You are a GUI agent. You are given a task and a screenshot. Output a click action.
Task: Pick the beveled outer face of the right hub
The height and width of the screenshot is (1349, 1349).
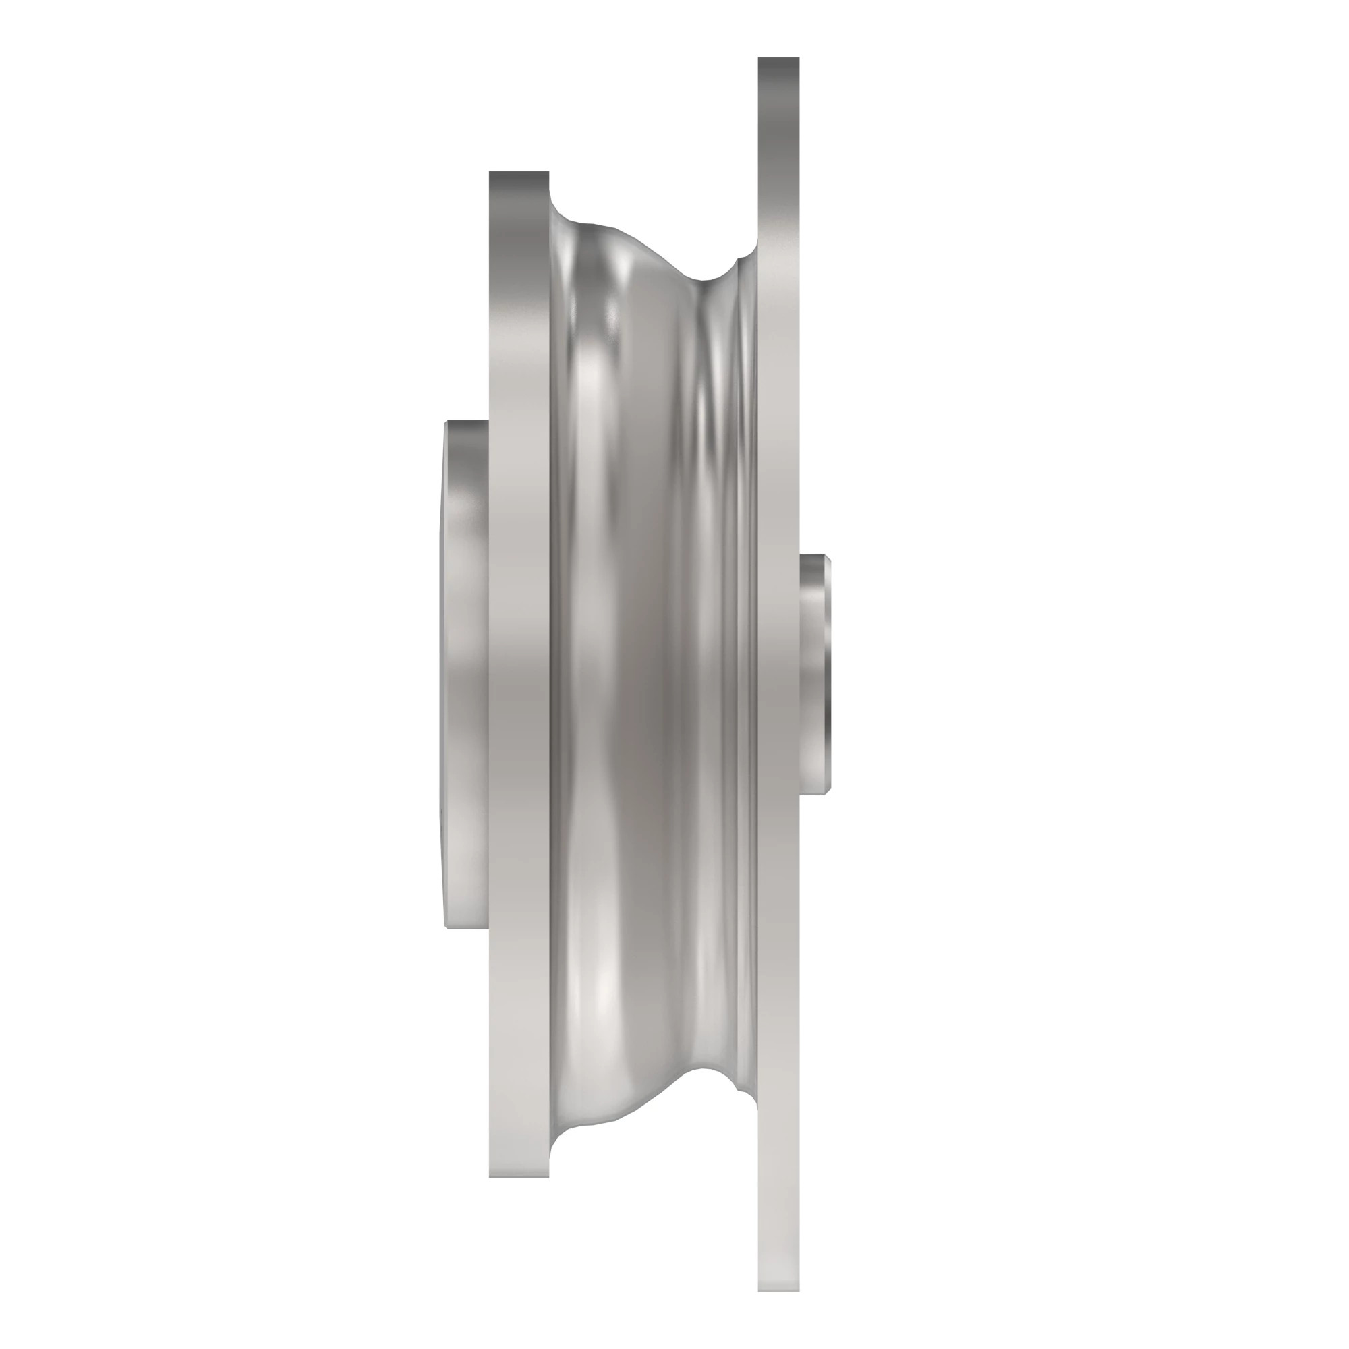(827, 674)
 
